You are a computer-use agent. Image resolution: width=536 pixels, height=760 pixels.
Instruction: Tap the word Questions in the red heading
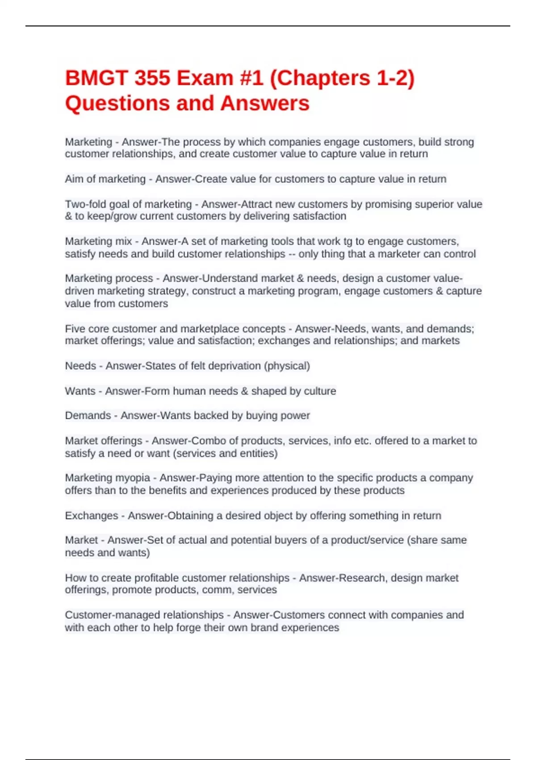(x=117, y=103)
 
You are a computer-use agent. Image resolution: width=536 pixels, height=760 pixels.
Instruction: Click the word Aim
(x=74, y=179)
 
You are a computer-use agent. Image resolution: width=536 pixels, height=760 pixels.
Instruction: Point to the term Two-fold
(x=84, y=204)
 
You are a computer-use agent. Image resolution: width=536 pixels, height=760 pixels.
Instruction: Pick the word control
(x=460, y=254)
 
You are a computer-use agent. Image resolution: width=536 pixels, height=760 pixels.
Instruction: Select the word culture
(x=320, y=391)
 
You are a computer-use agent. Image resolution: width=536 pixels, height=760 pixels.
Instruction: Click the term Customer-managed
(x=144, y=615)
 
